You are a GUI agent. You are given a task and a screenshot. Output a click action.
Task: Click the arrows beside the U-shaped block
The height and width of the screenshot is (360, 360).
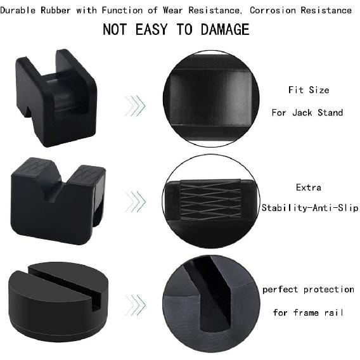click(135, 105)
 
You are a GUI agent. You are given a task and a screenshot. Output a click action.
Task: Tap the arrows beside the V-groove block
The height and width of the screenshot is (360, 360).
click(135, 202)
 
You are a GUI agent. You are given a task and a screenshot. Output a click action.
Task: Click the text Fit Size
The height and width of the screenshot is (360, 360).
click(309, 90)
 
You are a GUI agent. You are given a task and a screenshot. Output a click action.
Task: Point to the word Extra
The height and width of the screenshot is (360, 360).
click(309, 188)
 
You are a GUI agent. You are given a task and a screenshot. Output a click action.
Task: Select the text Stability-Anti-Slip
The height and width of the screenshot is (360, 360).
click(310, 208)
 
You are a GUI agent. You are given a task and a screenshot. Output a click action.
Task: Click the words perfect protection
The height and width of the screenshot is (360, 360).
click(308, 290)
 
